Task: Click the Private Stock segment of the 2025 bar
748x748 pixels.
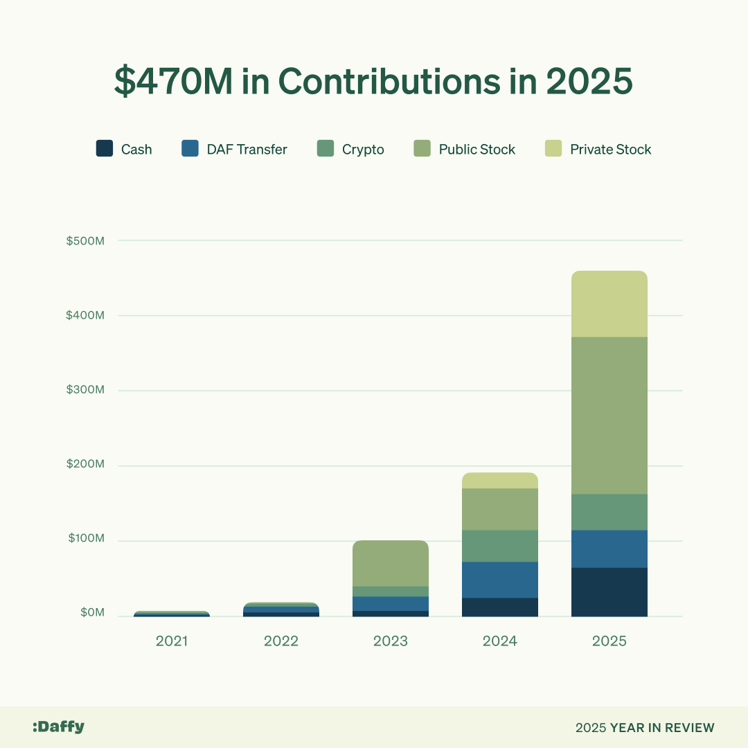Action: (609, 304)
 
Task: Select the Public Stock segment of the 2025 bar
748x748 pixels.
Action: (609, 416)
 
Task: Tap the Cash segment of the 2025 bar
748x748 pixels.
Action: (609, 592)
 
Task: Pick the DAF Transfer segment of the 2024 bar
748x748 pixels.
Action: (500, 580)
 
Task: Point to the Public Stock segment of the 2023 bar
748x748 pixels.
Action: (391, 563)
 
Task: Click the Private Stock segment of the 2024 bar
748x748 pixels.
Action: (500, 481)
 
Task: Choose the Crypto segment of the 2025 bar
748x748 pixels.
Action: (609, 512)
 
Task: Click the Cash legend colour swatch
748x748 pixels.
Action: (105, 149)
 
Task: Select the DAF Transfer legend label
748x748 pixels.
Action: (247, 150)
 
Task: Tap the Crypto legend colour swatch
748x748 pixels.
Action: (326, 149)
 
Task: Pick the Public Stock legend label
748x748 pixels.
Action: (477, 150)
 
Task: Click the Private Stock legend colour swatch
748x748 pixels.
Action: (553, 149)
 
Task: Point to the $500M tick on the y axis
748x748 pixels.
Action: (85, 241)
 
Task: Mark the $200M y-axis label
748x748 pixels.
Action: (85, 464)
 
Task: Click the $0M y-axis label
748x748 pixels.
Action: (92, 612)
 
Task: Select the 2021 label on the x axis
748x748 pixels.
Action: (172, 641)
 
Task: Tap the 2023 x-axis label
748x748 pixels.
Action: (391, 641)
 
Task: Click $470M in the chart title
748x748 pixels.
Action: (172, 82)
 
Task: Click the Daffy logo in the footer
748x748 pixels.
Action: (58, 727)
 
